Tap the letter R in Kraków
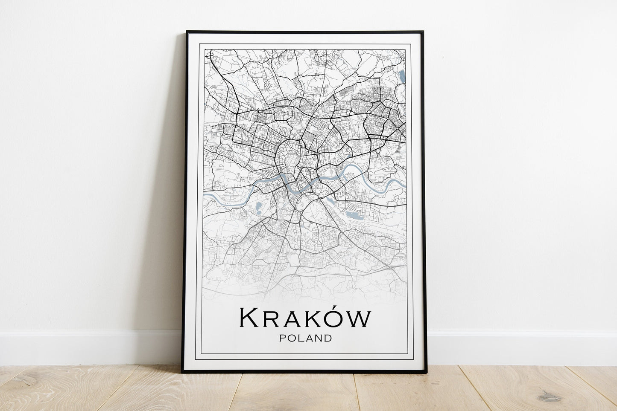click(x=272, y=320)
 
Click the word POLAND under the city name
click(x=305, y=338)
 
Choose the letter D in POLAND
click(x=328, y=338)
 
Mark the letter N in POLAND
click(x=318, y=338)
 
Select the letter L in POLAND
click(x=300, y=338)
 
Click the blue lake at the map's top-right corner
click(x=402, y=77)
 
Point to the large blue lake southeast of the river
click(x=354, y=216)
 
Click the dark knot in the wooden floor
click(x=550, y=397)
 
